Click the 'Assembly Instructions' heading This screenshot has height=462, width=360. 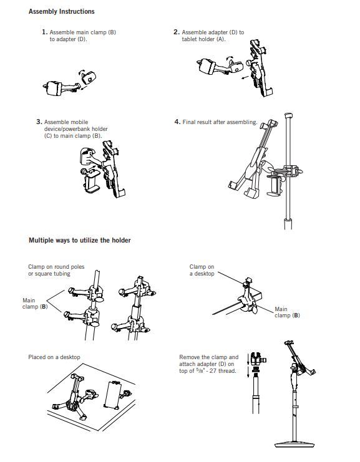[x=61, y=11]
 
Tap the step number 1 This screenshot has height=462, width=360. [x=44, y=32]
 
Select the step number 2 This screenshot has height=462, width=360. [x=177, y=32]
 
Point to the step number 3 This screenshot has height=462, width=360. [x=39, y=122]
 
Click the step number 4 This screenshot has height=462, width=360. [x=177, y=122]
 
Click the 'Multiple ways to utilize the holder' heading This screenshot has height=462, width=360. [x=80, y=240]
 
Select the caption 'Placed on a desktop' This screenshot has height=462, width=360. [x=54, y=357]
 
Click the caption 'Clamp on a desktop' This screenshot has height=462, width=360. [x=202, y=270]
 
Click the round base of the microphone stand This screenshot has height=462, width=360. [x=294, y=445]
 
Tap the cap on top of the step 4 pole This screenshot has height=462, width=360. [x=288, y=115]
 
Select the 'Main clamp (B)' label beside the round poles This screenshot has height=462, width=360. [x=35, y=304]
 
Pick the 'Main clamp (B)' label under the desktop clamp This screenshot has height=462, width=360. [x=287, y=312]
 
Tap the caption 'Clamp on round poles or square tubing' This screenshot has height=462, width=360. [x=56, y=270]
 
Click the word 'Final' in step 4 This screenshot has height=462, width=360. [x=188, y=122]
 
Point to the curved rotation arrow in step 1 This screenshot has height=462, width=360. [x=81, y=73]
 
